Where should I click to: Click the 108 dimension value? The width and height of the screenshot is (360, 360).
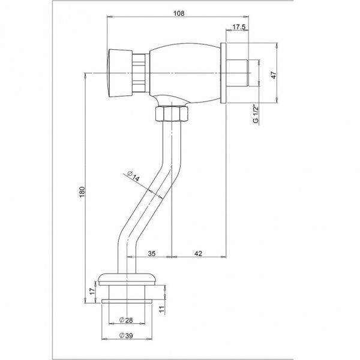pos(179,13)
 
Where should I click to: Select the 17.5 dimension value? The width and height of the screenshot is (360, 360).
pos(239,27)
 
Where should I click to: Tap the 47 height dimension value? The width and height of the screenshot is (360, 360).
pos(274,75)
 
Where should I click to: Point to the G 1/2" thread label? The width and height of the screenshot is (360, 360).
pos(256,113)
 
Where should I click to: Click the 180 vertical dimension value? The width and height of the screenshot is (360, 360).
pos(82,193)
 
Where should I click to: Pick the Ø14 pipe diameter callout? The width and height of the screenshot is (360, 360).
pos(133,176)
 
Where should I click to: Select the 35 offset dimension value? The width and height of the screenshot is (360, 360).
pos(152,253)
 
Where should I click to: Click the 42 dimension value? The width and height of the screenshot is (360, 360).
pos(199,253)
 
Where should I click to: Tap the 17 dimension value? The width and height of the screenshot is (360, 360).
pos(92,292)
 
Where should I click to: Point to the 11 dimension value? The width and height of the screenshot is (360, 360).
pos(162,309)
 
